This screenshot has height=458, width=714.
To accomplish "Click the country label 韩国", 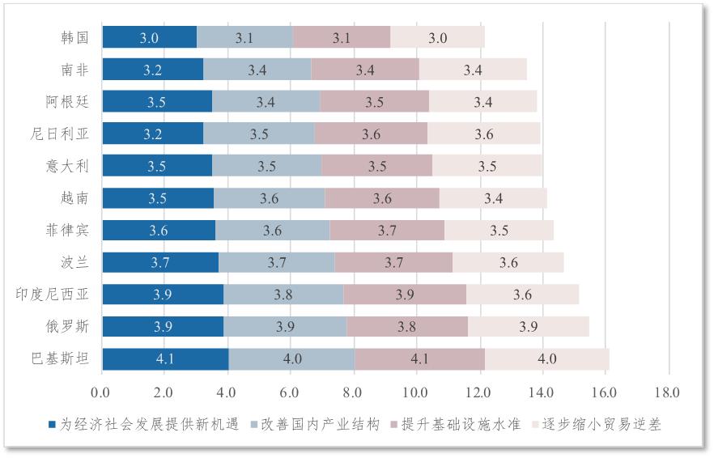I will tap(74, 37).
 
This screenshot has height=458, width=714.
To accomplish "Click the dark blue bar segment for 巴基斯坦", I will tap(165, 359).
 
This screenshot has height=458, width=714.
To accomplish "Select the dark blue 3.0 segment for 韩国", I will tap(149, 37).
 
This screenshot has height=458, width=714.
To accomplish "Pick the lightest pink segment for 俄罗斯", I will tap(528, 327).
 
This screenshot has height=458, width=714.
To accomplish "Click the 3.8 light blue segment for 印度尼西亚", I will tap(283, 295).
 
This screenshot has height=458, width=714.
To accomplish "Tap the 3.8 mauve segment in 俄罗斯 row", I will tap(406, 327).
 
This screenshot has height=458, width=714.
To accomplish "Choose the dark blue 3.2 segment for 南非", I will tap(152, 70).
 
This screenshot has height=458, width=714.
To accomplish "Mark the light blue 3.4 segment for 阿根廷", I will tap(266, 102).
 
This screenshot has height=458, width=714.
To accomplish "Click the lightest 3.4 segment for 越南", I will tap(493, 198).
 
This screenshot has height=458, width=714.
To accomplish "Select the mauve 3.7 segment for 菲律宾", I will tap(387, 231).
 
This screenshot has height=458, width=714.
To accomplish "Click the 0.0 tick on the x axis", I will tap(102, 392).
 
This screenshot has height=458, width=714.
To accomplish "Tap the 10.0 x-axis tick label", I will tap(416, 392).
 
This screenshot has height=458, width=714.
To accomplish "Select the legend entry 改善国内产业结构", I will tap(316, 425).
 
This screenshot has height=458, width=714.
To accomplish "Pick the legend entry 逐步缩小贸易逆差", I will tap(597, 425).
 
